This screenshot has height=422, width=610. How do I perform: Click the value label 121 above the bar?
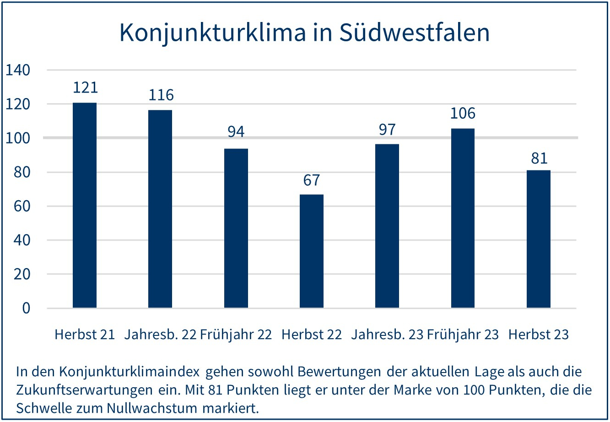(x=86, y=87)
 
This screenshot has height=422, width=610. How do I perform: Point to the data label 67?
(x=312, y=180)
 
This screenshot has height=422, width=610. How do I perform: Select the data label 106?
(x=463, y=113)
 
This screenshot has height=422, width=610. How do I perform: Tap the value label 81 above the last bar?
(x=539, y=158)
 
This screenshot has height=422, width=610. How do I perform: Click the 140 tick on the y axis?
(x=18, y=70)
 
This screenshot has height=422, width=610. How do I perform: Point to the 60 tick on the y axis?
(x=22, y=206)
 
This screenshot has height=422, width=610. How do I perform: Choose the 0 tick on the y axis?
(x=26, y=308)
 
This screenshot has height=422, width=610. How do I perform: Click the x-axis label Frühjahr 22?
(x=236, y=334)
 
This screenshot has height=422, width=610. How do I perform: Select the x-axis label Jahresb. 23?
(x=387, y=334)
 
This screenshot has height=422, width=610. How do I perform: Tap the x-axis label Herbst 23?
(x=538, y=334)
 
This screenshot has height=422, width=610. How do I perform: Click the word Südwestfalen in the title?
(x=415, y=33)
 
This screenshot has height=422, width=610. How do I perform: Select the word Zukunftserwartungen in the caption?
(x=84, y=390)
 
